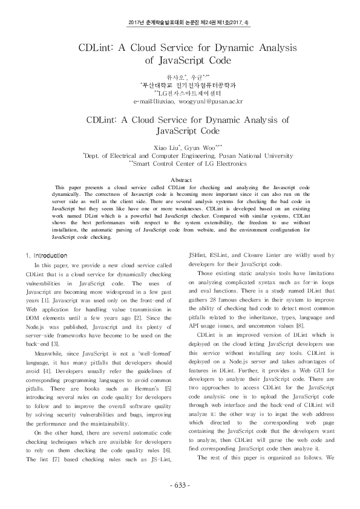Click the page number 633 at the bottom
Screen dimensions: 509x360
tap(180, 485)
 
